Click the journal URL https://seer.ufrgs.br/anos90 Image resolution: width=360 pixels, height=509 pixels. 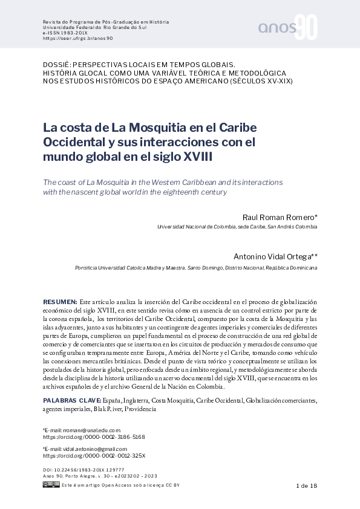pos(78,38)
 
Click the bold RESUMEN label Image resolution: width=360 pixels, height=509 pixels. pos(60,301)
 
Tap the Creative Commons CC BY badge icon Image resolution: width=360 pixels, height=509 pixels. pos(51,485)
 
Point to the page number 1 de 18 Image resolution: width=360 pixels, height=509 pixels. pos(306,486)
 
